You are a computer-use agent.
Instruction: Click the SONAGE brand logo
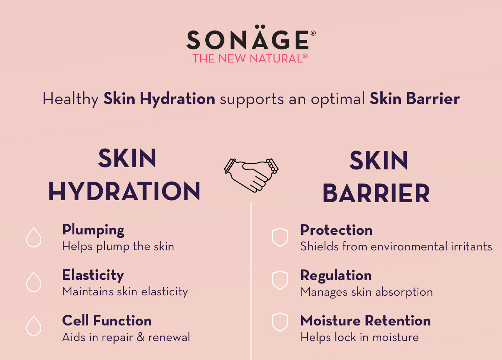[251, 38]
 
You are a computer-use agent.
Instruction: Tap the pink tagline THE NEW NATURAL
[250, 58]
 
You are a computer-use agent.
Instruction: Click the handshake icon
[251, 175]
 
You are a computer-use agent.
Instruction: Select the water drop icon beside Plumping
[33, 237]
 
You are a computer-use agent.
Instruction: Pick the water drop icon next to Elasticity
[33, 282]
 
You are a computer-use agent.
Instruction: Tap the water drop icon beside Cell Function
[33, 326]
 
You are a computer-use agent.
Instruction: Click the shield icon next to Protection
[280, 237]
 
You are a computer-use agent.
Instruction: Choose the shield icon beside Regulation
[280, 280]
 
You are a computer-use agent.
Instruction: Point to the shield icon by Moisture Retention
[280, 322]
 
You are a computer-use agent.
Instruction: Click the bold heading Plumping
[93, 230]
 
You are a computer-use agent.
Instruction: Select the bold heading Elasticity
[93, 275]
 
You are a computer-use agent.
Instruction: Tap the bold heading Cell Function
[107, 320]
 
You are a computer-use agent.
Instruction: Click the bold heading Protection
[337, 230]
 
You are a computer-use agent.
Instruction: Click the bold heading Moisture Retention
[366, 321]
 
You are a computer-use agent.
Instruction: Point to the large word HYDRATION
[124, 191]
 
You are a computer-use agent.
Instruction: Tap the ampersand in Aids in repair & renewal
[141, 337]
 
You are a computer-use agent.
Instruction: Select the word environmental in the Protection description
[409, 246]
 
